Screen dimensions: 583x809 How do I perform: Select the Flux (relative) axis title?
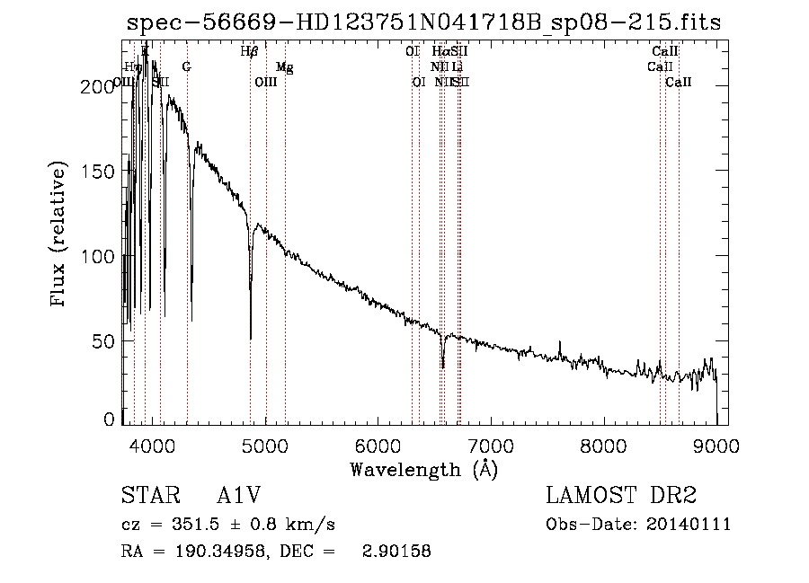tap(60, 235)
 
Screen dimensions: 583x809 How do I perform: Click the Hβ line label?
tap(250, 52)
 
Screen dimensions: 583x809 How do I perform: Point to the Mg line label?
tap(284, 67)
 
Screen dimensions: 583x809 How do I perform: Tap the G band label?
tap(186, 67)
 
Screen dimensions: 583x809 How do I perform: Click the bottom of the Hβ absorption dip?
tap(251, 337)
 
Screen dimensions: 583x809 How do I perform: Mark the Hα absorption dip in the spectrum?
tap(442, 364)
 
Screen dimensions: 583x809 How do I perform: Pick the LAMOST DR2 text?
tap(621, 496)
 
